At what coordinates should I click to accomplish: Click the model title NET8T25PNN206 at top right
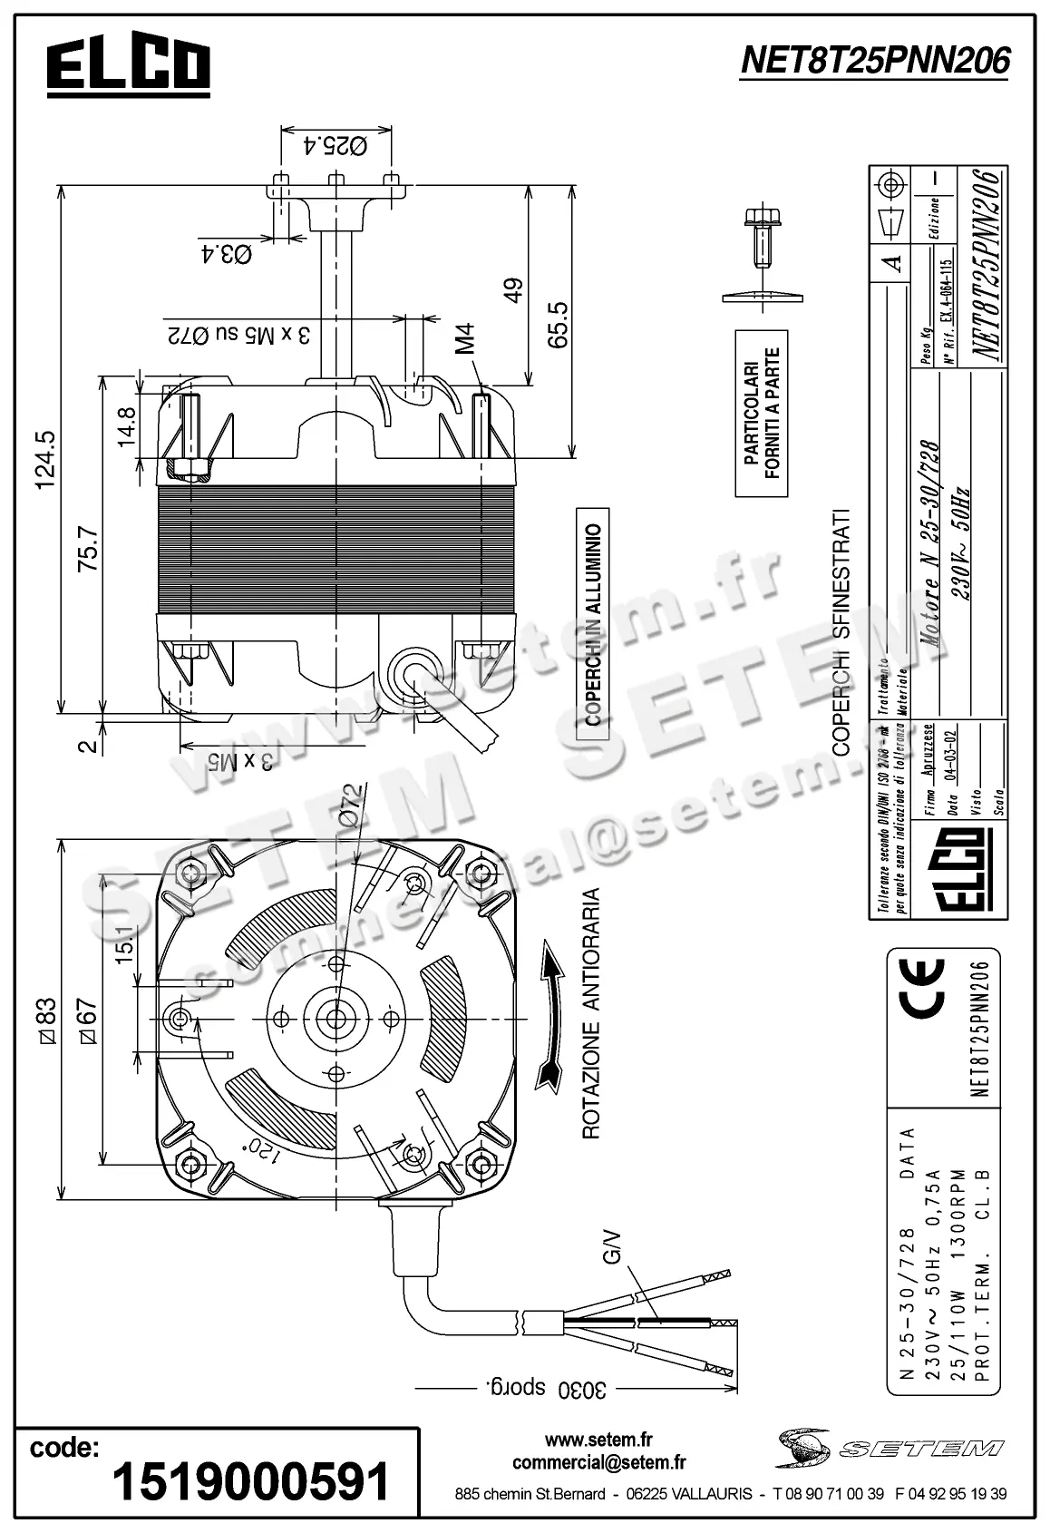coord(874,61)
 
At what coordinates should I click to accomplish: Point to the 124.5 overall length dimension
coord(44,459)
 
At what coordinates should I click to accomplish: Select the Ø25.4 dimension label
coord(335,144)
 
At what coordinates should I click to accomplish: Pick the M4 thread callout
coord(465,337)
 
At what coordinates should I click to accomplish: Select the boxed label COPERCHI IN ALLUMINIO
coord(593,626)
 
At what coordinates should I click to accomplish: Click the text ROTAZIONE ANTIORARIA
coord(592,1013)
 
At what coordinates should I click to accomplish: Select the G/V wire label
coord(614,1245)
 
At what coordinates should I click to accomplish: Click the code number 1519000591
coord(250,1481)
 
